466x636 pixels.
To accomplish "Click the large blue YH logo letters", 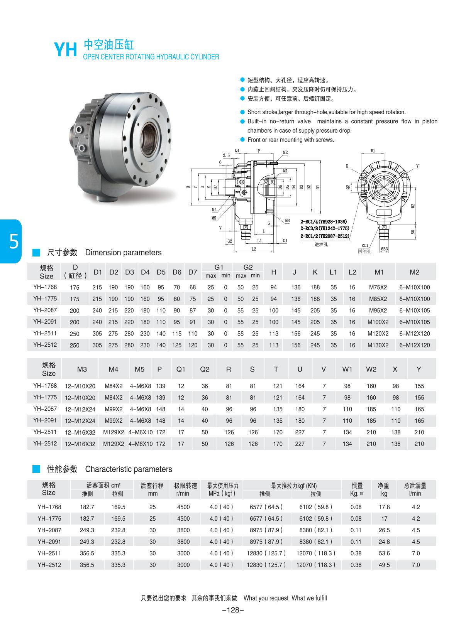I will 65,50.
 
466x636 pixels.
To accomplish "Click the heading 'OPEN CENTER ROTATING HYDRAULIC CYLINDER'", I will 151,57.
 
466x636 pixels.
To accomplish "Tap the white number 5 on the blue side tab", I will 14,242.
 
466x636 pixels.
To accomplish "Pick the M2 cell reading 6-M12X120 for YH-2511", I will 414,334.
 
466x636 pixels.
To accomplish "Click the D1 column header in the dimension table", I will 98,272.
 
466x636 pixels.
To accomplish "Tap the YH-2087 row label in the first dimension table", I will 45,310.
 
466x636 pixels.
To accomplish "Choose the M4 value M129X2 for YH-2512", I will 114,444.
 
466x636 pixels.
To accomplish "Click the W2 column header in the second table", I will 371,369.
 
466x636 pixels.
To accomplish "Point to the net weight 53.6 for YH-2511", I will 384,553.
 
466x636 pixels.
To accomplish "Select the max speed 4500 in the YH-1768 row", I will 183,507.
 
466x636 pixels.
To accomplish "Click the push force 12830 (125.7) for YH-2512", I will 266,565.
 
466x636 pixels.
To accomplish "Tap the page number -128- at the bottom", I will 233,610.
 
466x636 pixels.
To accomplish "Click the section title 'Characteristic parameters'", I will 129,469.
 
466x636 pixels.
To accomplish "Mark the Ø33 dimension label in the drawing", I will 384,249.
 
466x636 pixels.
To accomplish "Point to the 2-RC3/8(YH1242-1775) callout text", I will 325,229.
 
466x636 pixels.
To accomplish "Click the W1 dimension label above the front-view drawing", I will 372,151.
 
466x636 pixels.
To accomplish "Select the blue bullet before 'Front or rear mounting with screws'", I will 242,140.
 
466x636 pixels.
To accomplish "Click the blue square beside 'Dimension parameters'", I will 36,253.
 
